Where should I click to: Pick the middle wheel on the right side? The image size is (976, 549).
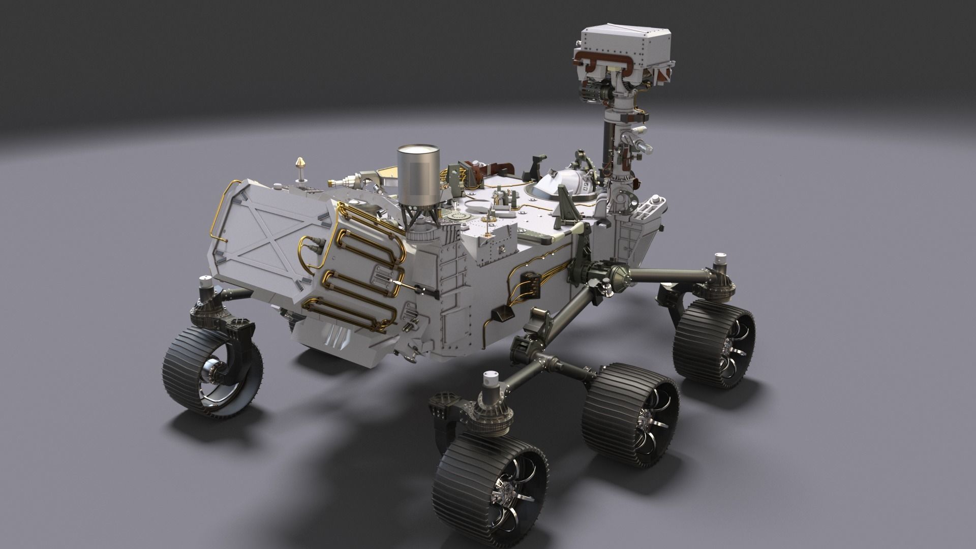pyautogui.click(x=630, y=414)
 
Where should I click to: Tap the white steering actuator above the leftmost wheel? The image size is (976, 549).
pyautogui.click(x=205, y=287)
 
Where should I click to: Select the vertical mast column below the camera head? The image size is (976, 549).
pyautogui.click(x=610, y=137)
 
